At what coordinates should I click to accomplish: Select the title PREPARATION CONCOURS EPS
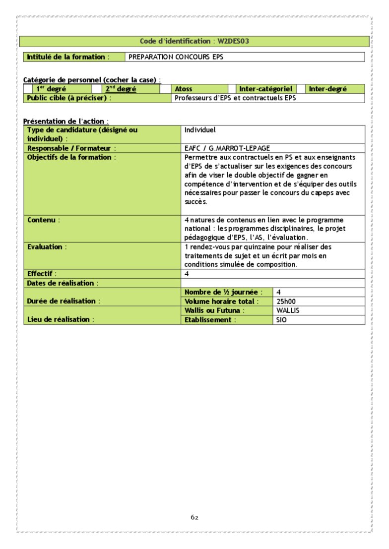(x=176, y=57)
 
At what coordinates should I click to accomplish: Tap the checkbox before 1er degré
(x=28, y=89)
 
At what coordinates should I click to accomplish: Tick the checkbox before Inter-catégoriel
(x=232, y=89)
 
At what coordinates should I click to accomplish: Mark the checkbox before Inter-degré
(x=301, y=89)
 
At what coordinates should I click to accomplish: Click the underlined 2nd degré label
(x=121, y=89)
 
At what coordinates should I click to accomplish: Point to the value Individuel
(x=200, y=130)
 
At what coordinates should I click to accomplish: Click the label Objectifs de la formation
(x=69, y=157)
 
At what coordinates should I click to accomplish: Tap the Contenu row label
(x=42, y=220)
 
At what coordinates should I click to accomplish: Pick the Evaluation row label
(x=45, y=246)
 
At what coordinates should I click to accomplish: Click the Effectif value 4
(x=187, y=274)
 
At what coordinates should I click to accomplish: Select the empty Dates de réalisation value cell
(x=273, y=283)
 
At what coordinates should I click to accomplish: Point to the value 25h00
(x=286, y=302)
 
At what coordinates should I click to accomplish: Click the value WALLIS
(x=288, y=310)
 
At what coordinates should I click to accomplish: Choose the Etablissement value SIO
(x=281, y=320)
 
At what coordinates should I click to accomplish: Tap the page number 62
(x=194, y=517)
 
